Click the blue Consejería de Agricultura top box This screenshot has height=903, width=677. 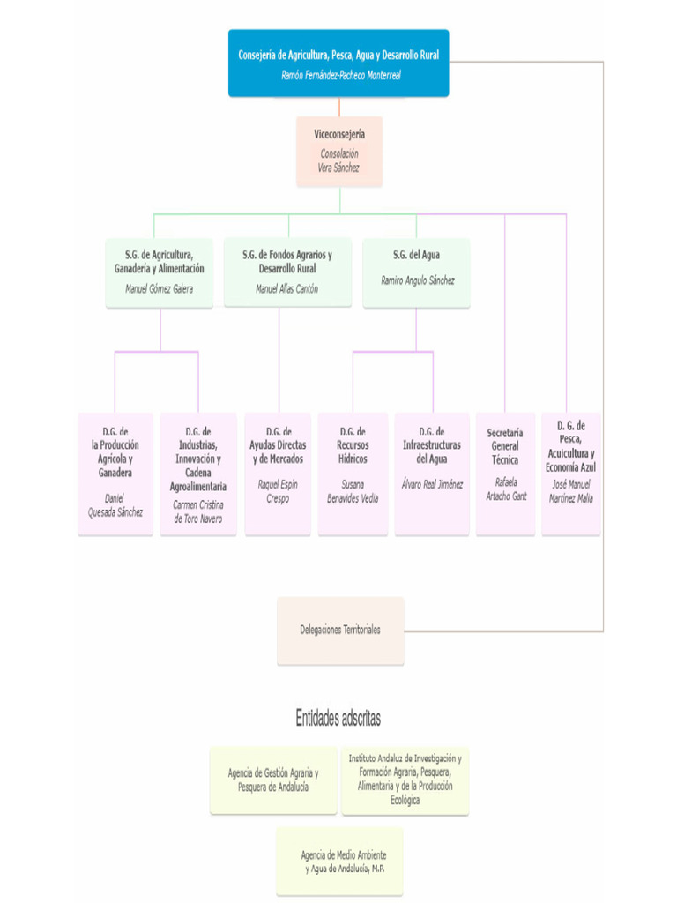[x=338, y=55]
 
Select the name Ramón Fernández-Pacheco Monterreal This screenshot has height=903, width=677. [x=340, y=76]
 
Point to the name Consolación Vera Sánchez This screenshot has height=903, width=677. [x=339, y=160]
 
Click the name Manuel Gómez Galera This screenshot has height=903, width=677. [x=160, y=288]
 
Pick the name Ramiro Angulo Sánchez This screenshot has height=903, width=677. [x=416, y=280]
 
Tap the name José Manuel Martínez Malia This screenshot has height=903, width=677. [x=571, y=491]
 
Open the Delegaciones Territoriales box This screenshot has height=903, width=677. [x=340, y=631]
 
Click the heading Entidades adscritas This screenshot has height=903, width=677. [x=338, y=719]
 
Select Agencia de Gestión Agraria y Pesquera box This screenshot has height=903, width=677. [x=273, y=780]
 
